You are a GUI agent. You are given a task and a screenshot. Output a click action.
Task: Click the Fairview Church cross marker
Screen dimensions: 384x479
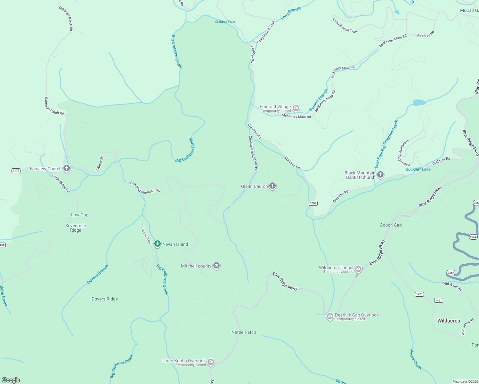click(67, 168)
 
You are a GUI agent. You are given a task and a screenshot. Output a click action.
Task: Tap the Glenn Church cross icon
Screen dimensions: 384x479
click(272, 186)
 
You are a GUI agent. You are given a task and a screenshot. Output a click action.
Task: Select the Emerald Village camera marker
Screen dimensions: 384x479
click(296, 108)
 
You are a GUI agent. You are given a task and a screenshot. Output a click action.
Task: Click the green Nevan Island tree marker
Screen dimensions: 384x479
click(157, 244)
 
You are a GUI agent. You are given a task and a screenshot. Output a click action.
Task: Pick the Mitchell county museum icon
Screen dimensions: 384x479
click(217, 266)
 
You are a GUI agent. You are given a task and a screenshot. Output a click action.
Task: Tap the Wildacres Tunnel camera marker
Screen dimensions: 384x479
click(359, 269)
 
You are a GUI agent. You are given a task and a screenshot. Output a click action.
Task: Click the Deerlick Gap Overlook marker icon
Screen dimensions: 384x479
click(330, 316)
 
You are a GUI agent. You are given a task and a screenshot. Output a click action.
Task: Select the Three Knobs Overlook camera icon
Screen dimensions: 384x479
click(211, 362)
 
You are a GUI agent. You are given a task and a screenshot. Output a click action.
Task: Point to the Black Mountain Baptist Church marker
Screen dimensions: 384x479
click(380, 175)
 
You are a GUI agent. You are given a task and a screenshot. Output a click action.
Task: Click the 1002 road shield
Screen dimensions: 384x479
click(313, 203)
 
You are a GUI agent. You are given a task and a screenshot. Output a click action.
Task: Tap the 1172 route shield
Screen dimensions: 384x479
click(16, 171)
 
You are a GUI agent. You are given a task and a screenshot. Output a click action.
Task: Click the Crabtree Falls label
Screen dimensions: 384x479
click(225, 22)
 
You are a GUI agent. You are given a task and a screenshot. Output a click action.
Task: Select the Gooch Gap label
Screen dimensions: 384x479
click(391, 225)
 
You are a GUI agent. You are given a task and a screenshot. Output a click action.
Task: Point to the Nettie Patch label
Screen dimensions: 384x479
click(244, 332)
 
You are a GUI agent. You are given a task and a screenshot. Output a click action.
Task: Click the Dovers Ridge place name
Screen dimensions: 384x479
click(105, 299)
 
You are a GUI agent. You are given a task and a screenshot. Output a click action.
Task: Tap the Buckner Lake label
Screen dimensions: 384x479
click(418, 169)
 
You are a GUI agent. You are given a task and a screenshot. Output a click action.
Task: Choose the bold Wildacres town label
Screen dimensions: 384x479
click(449, 321)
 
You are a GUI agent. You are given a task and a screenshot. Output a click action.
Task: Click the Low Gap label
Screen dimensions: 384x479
click(80, 215)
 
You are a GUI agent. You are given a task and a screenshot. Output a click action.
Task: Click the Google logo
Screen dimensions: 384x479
click(11, 380)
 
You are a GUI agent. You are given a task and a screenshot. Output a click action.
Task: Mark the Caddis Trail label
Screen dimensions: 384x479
click(146, 236)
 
